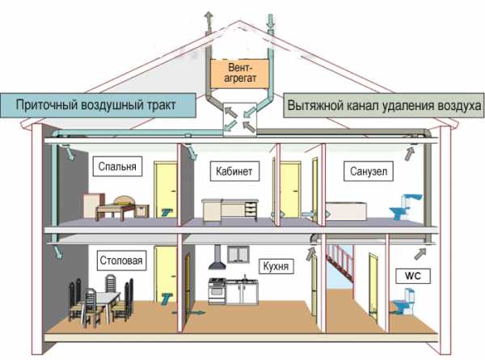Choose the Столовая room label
click(121, 261)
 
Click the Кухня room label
click(275, 265)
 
